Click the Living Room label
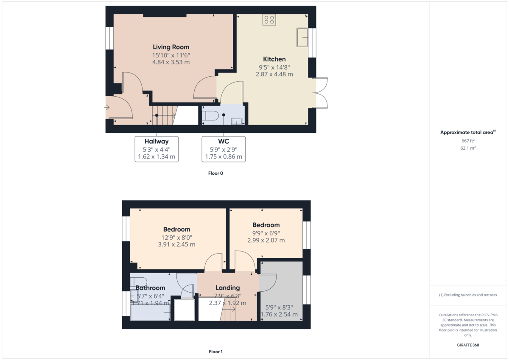click(x=171, y=47)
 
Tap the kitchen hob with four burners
click(x=269, y=20)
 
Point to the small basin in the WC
click(x=236, y=121)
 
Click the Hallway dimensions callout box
click(x=156, y=149)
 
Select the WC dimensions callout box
click(x=223, y=149)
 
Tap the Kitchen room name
click(x=274, y=59)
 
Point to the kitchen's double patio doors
click(x=322, y=92)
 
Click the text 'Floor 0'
click(x=215, y=173)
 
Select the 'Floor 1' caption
click(x=215, y=352)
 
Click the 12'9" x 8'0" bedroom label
click(x=176, y=229)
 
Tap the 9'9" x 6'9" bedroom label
click(x=266, y=225)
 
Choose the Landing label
click(x=227, y=287)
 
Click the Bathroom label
click(x=150, y=288)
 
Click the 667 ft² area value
click(x=468, y=141)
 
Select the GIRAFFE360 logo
click(x=468, y=345)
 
